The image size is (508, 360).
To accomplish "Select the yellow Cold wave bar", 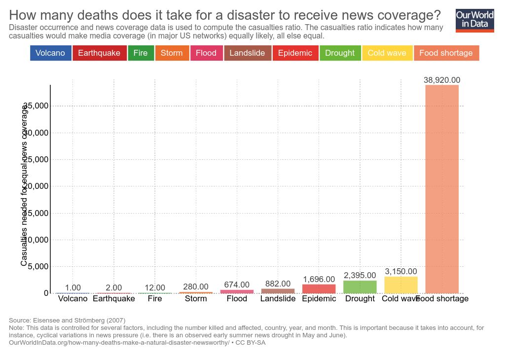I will pos(401,285).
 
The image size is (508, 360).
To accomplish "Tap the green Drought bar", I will pos(360,287).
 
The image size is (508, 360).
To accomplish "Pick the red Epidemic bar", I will pos(319,289).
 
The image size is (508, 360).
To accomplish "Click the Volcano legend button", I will pos(50,53).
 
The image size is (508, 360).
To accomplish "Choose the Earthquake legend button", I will pos(99,53).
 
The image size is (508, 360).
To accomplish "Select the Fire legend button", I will pos(141,53).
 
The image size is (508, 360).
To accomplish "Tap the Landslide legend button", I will pos(247,53).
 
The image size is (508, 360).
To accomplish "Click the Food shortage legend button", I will pos(446,53).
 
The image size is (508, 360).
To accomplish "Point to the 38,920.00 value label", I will pos(442,80).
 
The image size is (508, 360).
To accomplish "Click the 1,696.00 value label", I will pos(319,280).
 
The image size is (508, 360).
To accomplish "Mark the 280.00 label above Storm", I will pos(196,287).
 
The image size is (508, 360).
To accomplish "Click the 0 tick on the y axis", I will pos(46,293).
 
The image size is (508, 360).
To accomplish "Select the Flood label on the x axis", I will pos(237,299).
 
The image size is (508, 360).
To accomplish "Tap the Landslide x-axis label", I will pos(278,299).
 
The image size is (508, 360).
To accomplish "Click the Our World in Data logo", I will pos(474,20).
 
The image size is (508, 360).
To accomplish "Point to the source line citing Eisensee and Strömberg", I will pos(67,321).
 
